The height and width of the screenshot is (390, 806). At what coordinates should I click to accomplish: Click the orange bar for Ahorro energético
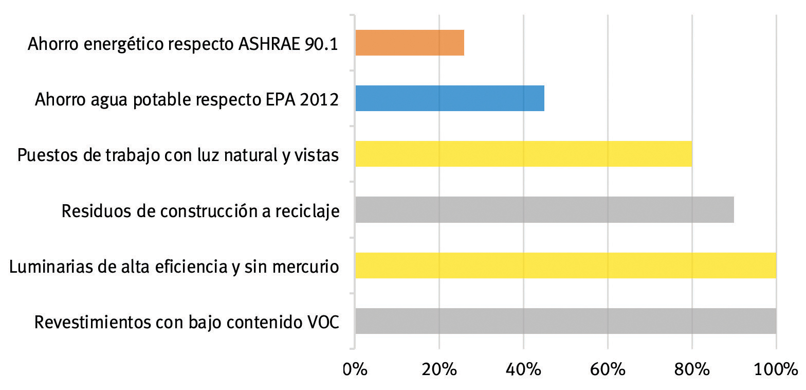point(410,43)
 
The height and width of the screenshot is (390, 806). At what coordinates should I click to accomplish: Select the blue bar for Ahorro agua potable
point(450,98)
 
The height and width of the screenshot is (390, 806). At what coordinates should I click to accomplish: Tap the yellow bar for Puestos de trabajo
point(523,154)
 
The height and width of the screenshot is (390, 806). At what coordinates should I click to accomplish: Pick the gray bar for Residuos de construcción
point(544,209)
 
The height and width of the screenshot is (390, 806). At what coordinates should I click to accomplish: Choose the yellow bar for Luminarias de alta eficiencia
point(565,265)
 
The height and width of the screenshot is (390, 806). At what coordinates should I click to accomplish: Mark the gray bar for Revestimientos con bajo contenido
point(565,321)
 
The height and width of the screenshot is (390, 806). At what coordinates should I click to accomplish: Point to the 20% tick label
point(439,369)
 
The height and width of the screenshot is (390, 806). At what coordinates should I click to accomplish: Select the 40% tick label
point(523,369)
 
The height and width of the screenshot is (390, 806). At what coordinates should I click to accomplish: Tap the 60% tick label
point(608,369)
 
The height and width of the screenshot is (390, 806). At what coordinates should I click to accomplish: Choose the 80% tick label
point(692,369)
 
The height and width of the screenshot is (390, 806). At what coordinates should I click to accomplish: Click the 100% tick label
point(775,369)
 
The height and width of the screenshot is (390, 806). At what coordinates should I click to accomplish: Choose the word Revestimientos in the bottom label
point(91,323)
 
